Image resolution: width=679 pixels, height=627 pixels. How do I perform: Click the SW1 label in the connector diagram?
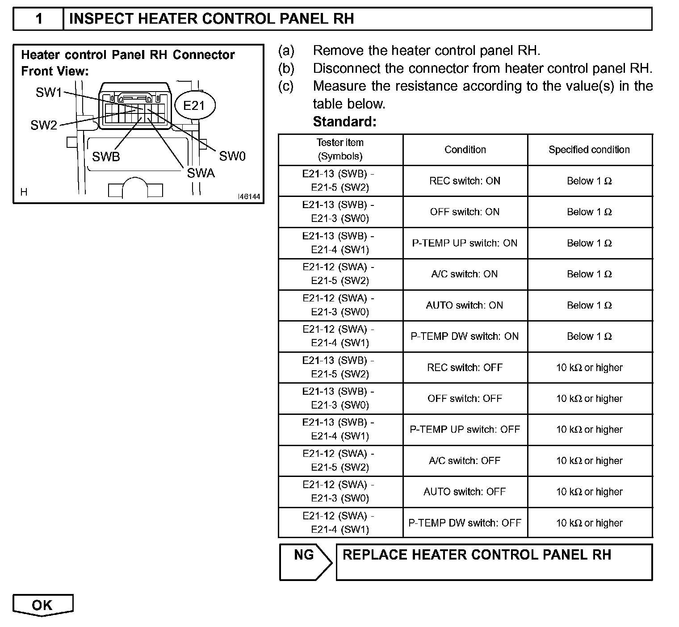(49, 92)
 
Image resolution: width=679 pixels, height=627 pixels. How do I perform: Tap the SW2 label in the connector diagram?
(44, 125)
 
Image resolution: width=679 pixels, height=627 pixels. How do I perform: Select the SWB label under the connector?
(106, 157)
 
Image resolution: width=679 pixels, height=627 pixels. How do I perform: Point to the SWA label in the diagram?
(201, 173)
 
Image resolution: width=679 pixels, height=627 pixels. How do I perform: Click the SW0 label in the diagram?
(232, 156)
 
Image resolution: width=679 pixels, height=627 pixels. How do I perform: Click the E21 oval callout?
(194, 105)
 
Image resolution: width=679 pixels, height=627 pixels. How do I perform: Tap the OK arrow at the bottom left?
(43, 605)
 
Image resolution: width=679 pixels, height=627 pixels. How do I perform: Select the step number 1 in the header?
(39, 19)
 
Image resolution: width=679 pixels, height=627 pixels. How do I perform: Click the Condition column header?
(465, 150)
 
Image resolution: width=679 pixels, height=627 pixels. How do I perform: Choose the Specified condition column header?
(589, 150)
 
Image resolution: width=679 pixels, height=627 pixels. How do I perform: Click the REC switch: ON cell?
(465, 181)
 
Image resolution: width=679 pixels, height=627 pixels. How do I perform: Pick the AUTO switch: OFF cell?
(465, 492)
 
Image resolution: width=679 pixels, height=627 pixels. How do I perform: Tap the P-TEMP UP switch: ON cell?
(465, 243)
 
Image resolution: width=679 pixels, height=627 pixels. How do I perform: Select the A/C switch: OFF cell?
(465, 460)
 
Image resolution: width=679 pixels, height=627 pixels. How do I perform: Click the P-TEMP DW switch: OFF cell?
(465, 522)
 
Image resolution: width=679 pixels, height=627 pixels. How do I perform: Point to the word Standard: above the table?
(344, 121)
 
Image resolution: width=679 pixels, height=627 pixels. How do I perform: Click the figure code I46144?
(249, 196)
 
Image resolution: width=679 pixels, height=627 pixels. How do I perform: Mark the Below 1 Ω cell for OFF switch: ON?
(589, 212)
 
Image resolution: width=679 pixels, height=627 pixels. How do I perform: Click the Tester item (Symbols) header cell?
(340, 149)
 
